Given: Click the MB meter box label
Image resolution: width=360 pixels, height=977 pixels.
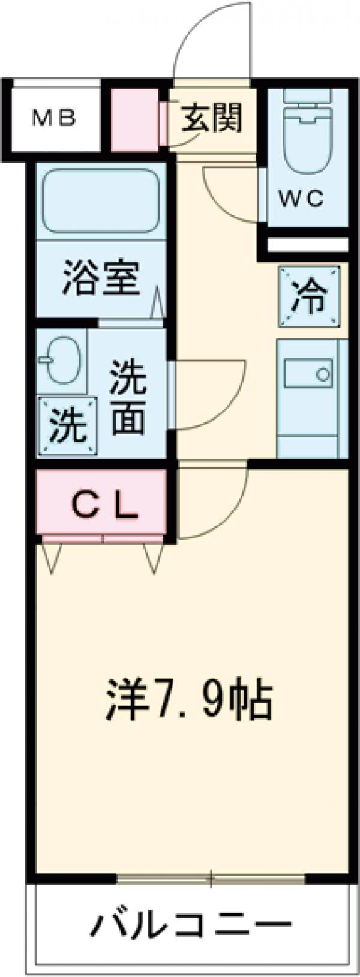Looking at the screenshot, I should tap(53, 118).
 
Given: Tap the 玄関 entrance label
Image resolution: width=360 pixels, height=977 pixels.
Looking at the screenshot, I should tap(213, 118).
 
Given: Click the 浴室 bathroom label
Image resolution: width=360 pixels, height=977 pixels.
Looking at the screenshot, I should tap(101, 278).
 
